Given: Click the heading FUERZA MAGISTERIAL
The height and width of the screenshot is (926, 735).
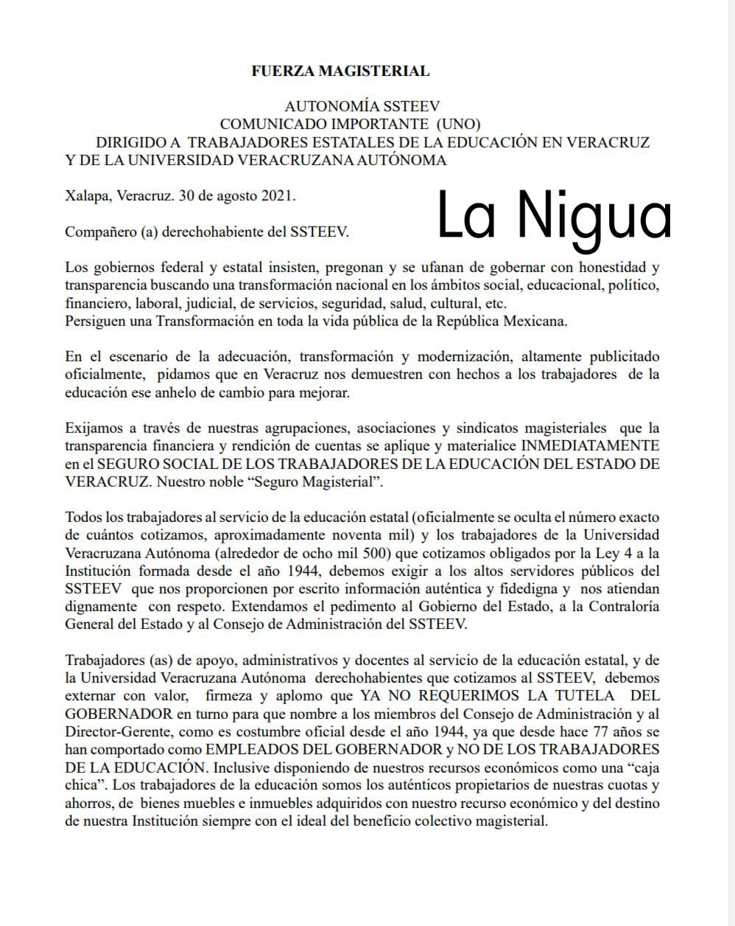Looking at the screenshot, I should tap(340, 72).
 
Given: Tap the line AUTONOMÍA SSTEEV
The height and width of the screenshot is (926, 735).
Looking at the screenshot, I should tap(362, 107).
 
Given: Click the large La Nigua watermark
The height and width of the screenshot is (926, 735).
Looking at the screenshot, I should tap(555, 215).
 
